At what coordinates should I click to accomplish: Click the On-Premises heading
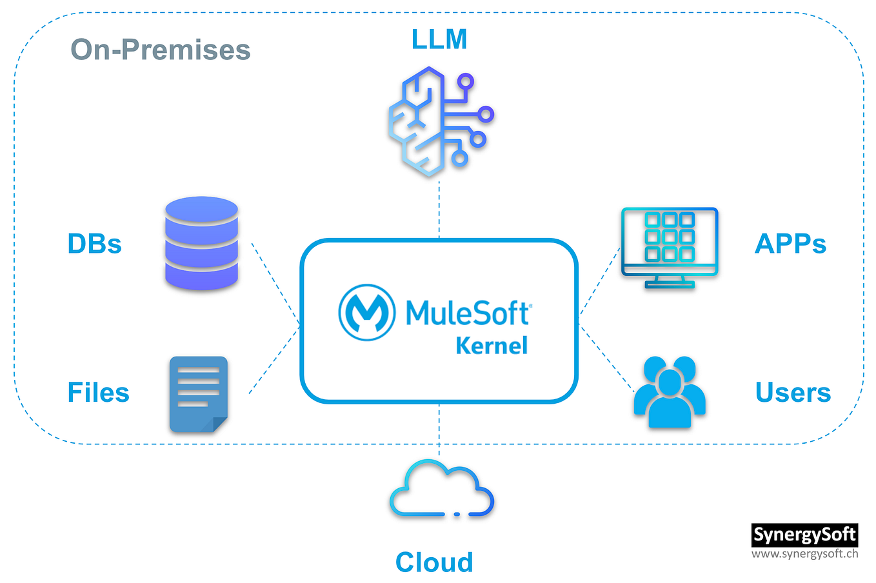pos(160,50)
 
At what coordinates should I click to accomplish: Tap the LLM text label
pos(439,39)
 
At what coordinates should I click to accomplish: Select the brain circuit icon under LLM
pos(439,121)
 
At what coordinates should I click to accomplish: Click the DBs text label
pos(94,244)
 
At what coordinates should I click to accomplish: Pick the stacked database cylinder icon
pos(201,243)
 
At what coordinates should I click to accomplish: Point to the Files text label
pos(98,392)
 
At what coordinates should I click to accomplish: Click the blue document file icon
pos(198,394)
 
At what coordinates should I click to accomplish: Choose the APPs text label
pos(790,244)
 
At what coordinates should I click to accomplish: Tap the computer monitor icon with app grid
pos(669,241)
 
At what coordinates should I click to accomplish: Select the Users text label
pos(793,392)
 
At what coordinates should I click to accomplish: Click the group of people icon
pos(669,392)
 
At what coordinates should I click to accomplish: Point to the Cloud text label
pos(434,562)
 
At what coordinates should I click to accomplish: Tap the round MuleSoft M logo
pos(366,312)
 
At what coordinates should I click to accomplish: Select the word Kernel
pos(492,346)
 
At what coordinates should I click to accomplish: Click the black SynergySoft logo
pos(804,535)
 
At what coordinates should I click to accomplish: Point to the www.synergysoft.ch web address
pos(804,553)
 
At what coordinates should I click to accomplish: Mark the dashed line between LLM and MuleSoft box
pos(439,210)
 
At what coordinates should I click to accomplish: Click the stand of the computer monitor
pos(669,282)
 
